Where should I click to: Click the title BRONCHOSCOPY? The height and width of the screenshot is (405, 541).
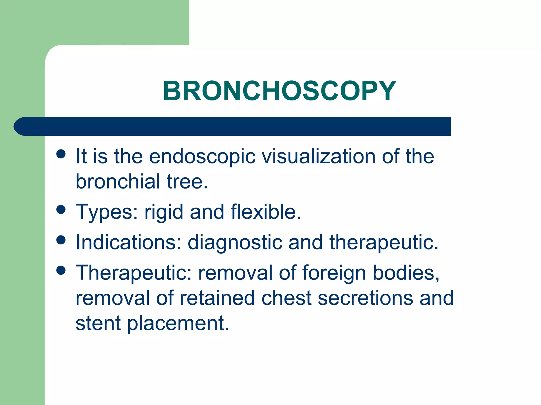(x=279, y=91)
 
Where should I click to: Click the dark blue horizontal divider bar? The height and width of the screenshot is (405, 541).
(x=232, y=126)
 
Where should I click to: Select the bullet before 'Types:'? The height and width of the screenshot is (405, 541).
(x=61, y=210)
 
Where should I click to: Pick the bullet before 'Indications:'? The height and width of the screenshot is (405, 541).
(x=61, y=240)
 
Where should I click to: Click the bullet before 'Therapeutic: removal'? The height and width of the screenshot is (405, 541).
(x=61, y=270)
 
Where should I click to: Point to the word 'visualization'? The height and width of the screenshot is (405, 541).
(x=318, y=156)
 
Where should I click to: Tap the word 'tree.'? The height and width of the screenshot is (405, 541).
(x=187, y=182)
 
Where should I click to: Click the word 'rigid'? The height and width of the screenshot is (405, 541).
(x=164, y=212)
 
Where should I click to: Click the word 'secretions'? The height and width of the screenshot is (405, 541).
(x=365, y=298)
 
